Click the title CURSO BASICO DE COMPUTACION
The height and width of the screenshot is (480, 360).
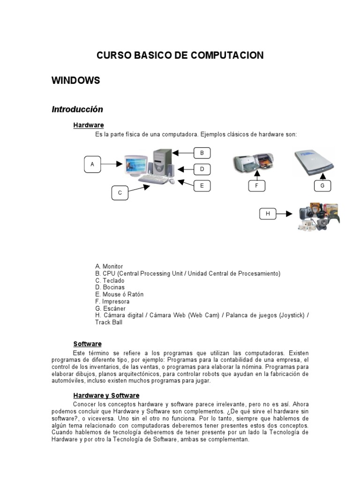click(x=180, y=55)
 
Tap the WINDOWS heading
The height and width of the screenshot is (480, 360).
click(x=75, y=81)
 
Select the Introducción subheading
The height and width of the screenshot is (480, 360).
click(x=77, y=109)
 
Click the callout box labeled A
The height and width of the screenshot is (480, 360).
click(x=92, y=165)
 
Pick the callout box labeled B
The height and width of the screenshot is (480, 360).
click(x=202, y=153)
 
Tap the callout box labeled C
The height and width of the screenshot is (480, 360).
click(x=120, y=193)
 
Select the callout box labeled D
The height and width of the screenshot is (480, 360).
click(x=202, y=169)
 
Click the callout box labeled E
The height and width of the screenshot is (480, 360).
click(x=202, y=186)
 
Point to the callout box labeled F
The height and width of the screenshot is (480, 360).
click(x=256, y=186)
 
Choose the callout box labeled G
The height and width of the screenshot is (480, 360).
click(x=322, y=186)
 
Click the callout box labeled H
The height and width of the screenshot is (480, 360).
click(x=268, y=214)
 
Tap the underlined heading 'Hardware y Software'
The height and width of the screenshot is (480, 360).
click(x=106, y=396)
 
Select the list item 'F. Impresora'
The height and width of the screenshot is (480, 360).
click(x=112, y=301)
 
